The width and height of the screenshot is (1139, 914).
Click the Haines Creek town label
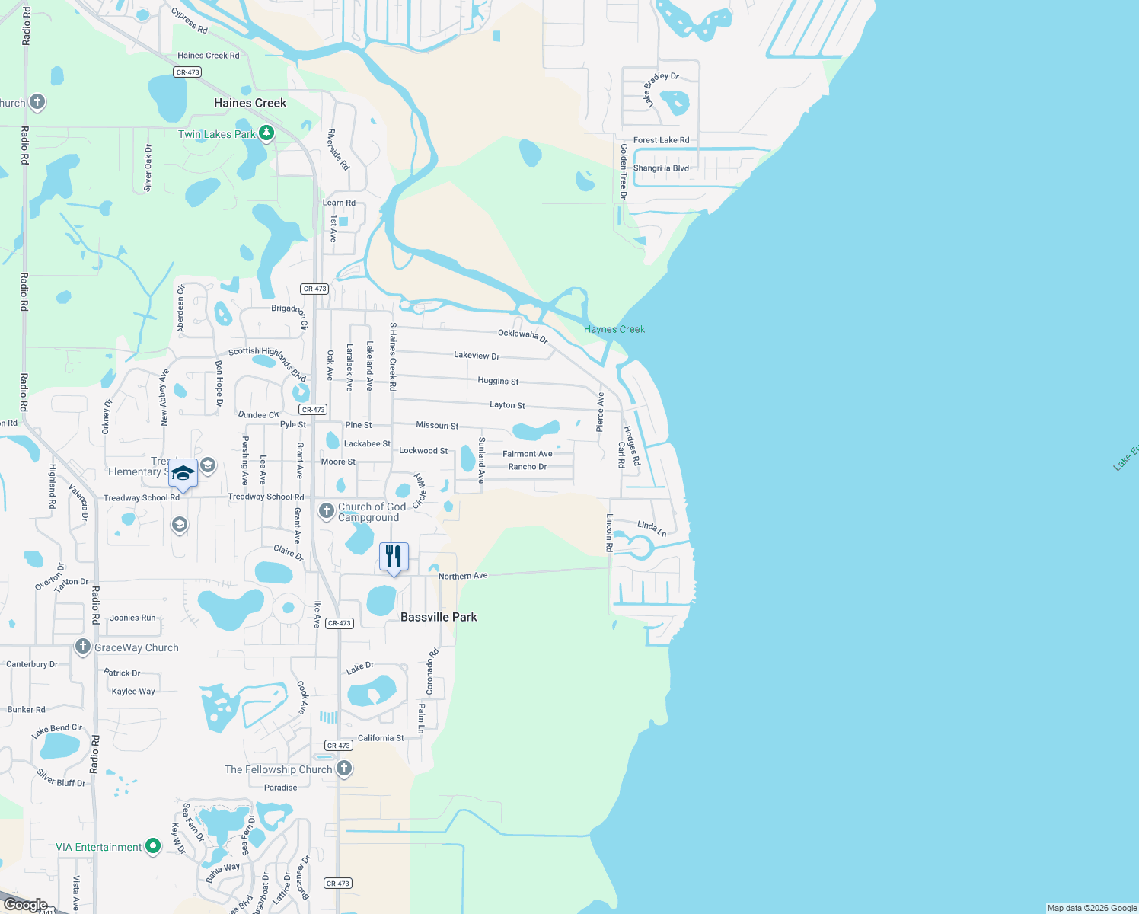tap(250, 103)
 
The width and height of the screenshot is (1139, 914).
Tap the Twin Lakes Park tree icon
tap(266, 133)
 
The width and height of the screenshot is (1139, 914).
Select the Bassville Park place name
tap(439, 617)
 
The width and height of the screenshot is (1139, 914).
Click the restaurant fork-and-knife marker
tap(394, 557)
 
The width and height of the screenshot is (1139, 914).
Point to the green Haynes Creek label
tap(614, 329)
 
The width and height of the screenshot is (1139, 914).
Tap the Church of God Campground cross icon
tap(327, 511)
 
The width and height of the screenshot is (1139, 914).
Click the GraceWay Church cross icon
tap(82, 647)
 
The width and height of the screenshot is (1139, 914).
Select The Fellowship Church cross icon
tap(344, 769)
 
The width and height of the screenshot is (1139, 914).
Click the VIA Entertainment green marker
tap(153, 846)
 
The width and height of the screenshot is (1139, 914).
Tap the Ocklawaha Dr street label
tap(522, 335)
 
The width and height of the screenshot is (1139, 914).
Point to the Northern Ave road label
tap(463, 576)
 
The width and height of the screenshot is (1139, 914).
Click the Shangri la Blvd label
tap(661, 168)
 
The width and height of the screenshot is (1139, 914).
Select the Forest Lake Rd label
tap(661, 140)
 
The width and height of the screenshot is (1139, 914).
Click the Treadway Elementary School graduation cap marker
tap(183, 474)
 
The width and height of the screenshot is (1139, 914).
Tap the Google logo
tap(25, 905)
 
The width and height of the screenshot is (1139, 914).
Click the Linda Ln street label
tap(652, 528)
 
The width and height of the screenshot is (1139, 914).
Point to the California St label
tap(381, 738)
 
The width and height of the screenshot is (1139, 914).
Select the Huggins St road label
tap(498, 381)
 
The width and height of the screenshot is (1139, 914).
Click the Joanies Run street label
tap(132, 618)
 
